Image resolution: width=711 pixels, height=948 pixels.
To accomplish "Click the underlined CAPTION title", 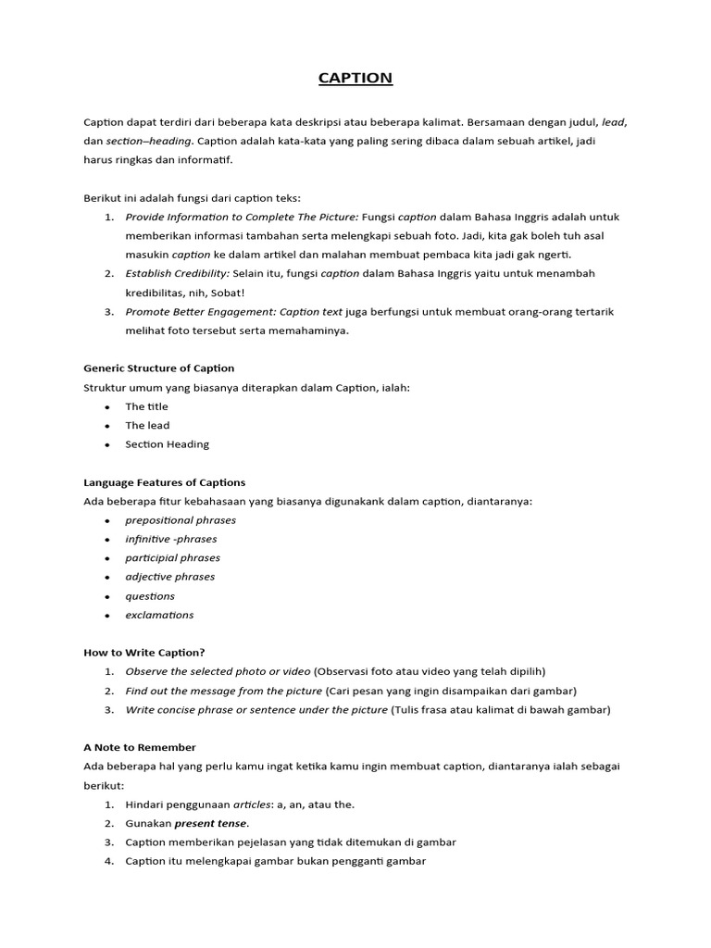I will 355,78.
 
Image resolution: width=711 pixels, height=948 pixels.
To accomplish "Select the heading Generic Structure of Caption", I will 158,368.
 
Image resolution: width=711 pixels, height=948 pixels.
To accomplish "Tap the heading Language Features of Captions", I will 164,482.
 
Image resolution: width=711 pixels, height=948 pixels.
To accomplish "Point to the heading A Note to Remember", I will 139,747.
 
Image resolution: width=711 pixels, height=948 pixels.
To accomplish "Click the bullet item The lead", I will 148,425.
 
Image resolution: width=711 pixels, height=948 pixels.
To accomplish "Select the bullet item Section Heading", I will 168,444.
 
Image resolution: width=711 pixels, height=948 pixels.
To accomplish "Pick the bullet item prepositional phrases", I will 181,520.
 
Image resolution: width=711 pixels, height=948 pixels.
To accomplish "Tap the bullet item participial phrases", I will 173,558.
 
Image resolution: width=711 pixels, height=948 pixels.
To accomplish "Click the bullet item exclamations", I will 159,615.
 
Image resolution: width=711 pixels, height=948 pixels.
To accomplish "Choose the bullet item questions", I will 150,596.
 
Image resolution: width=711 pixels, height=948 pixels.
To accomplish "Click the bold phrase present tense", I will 211,823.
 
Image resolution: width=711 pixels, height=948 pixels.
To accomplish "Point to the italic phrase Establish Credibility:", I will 176,273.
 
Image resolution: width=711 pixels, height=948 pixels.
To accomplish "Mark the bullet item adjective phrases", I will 170,577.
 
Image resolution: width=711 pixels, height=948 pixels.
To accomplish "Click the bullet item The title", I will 147,406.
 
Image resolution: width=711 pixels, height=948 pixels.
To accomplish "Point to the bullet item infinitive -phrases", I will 171,539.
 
